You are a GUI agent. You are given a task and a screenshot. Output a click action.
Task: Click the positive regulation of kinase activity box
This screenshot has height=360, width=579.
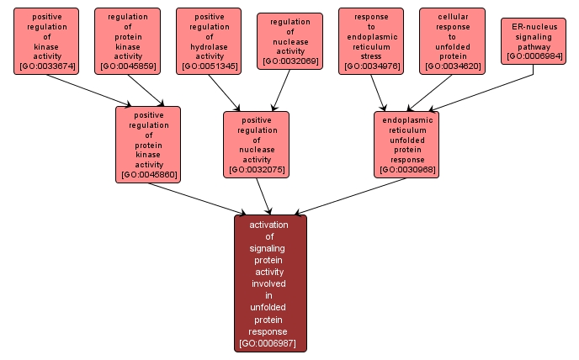tap(46, 40)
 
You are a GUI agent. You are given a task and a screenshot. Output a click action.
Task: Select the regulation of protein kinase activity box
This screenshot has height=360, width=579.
tap(127, 40)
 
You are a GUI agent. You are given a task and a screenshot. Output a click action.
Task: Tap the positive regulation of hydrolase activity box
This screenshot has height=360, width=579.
tap(210, 40)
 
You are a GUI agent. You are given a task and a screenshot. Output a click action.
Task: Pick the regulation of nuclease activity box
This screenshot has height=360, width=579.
tap(289, 40)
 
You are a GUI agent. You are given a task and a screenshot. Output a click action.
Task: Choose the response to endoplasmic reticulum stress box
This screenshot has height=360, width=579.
tap(371, 40)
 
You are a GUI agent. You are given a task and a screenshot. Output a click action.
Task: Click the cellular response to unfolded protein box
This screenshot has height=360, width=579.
tap(452, 40)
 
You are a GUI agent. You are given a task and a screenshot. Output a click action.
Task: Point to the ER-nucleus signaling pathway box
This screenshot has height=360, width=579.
tap(533, 40)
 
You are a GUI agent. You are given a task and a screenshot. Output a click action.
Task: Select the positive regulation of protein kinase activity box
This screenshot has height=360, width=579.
tap(149, 144)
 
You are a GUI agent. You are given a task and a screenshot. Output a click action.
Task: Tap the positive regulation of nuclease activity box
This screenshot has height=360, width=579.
tap(257, 144)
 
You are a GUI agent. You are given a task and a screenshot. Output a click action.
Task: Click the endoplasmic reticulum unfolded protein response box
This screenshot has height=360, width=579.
tap(407, 144)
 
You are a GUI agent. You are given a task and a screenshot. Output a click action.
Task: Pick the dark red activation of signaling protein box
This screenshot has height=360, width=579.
tap(270, 283)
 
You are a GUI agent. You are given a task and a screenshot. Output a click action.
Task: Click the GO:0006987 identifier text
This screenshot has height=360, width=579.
tap(270, 343)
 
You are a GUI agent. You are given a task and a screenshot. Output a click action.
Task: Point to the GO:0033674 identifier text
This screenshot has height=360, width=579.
tap(46, 66)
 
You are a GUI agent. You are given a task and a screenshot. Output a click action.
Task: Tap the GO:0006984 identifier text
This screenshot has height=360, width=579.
tap(533, 56)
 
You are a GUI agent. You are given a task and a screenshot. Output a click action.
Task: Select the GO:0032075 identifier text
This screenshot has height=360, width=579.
tap(257, 170)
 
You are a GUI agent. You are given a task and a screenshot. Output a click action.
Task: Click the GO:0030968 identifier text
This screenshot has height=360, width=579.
tap(407, 170)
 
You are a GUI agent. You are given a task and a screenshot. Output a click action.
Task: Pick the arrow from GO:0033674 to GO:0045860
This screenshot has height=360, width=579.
tap(88, 91)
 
